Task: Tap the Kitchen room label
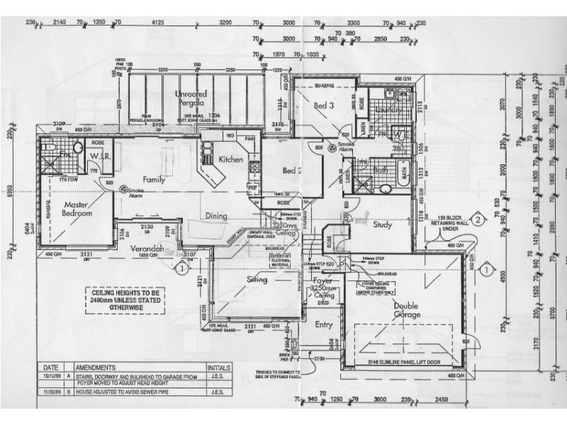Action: (231, 159)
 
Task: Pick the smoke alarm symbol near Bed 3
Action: (331, 148)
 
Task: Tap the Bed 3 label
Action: (324, 106)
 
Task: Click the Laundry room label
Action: (391, 110)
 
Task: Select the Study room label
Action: (383, 225)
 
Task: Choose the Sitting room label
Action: (256, 280)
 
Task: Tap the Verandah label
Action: (147, 248)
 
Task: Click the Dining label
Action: (217, 216)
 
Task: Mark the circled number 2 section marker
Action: (478, 220)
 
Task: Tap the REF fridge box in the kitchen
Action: (252, 188)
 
